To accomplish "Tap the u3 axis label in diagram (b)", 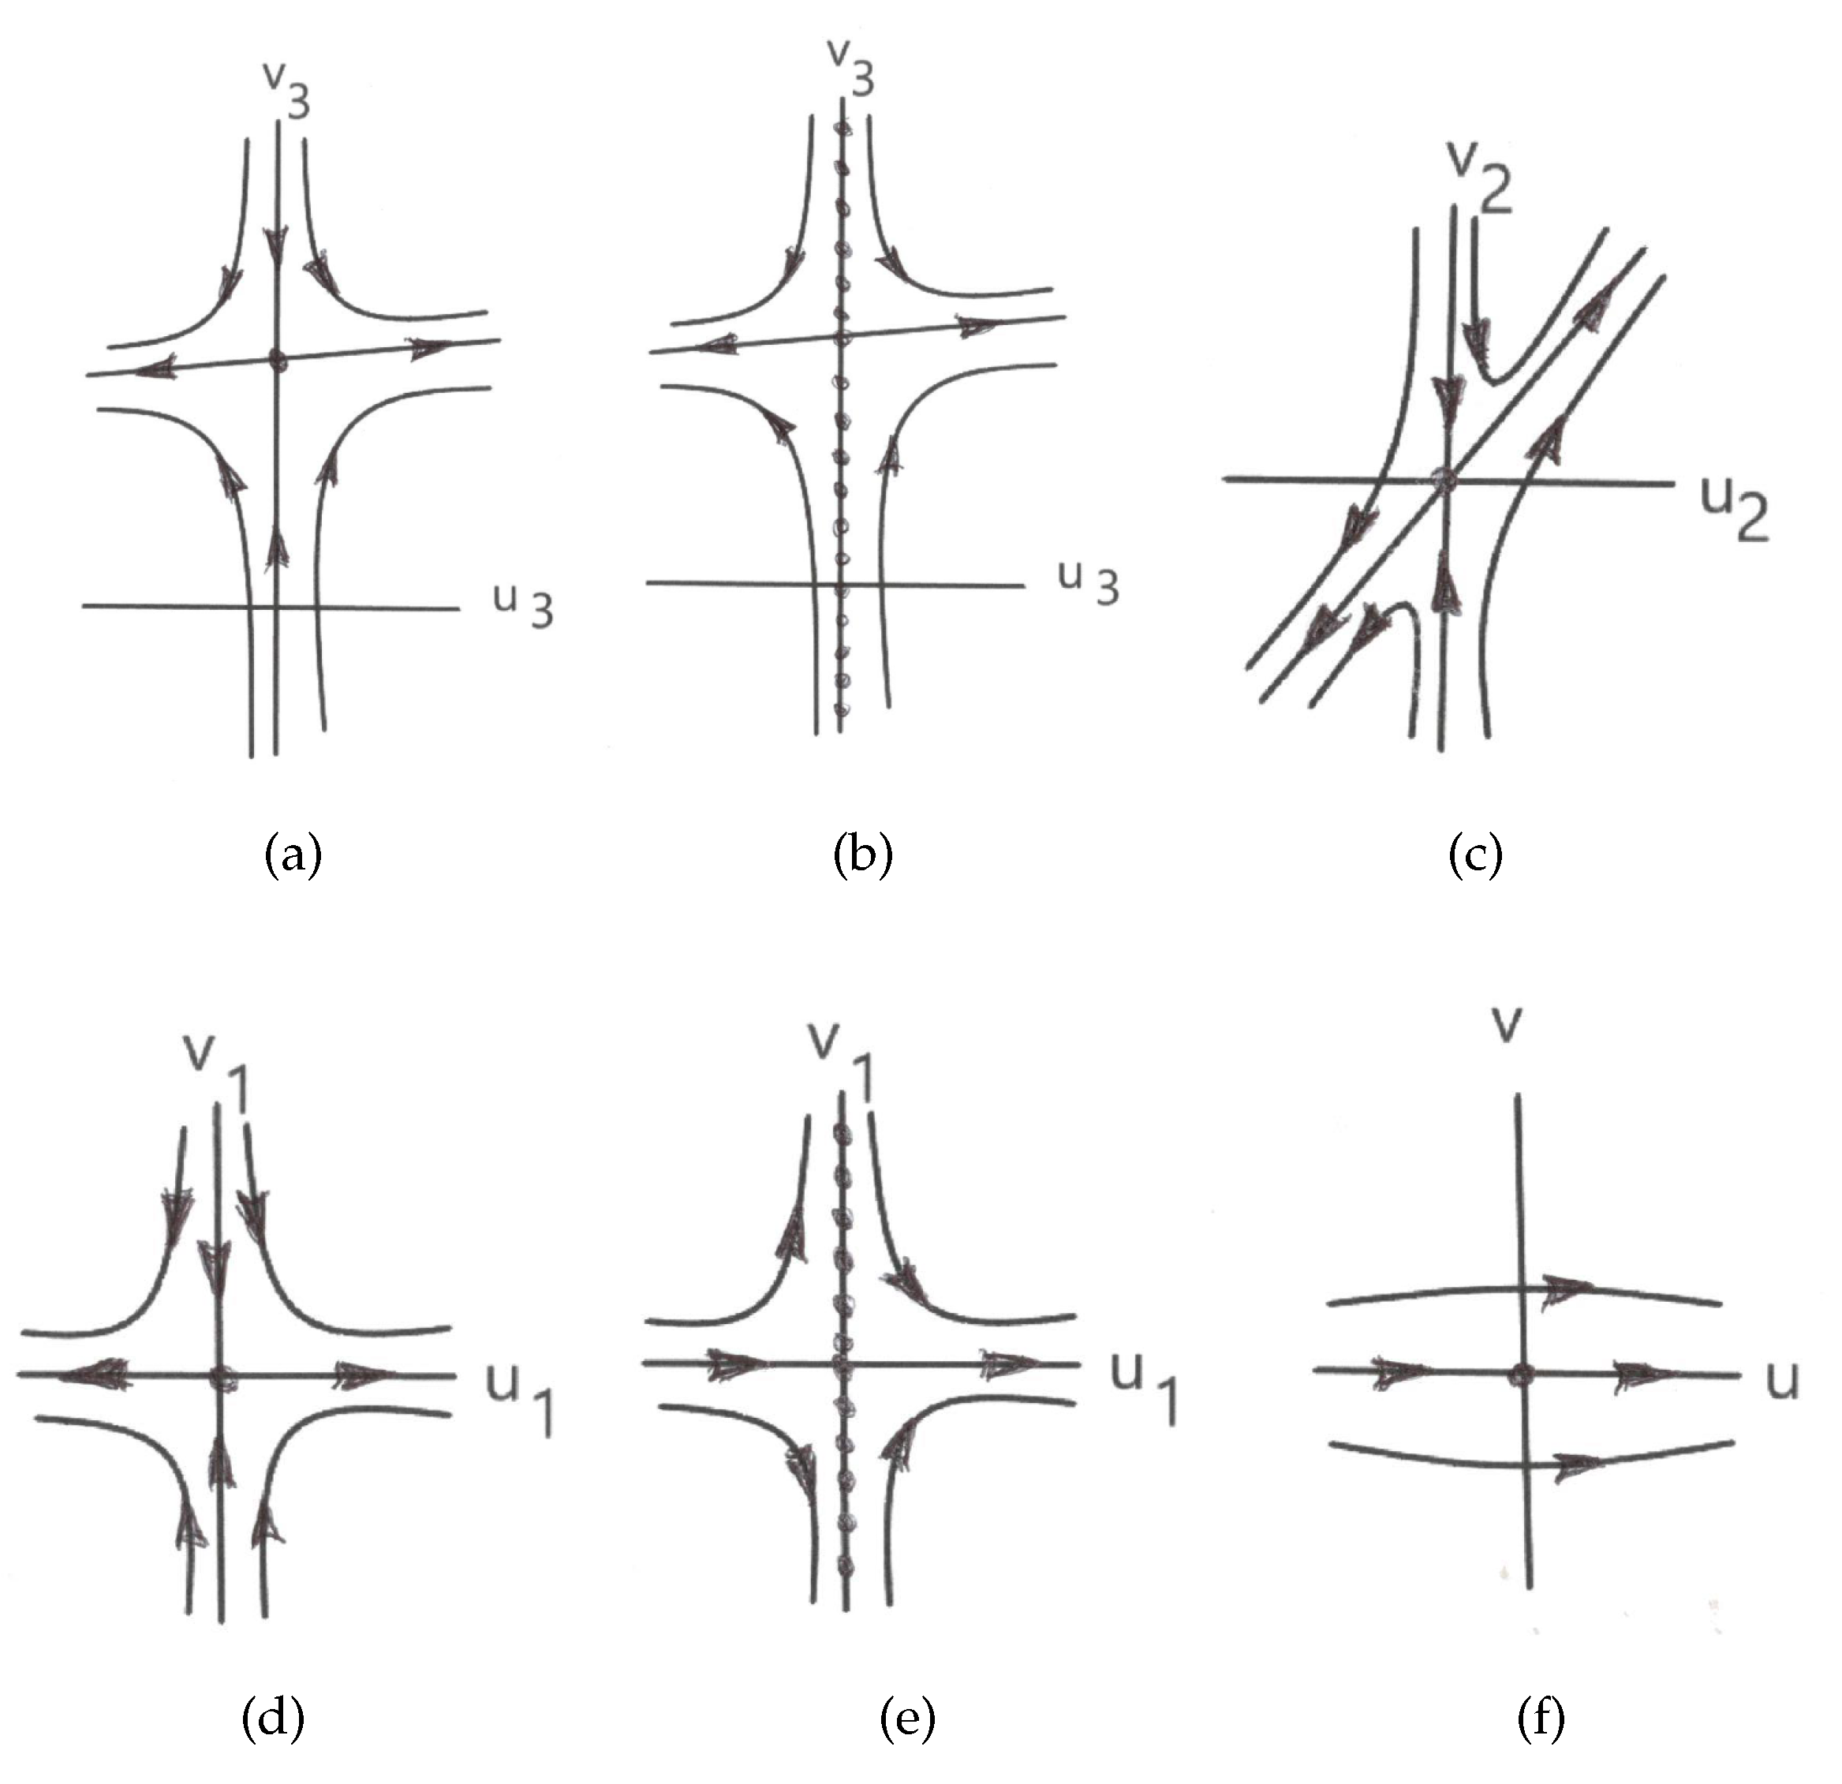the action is (x=1089, y=583).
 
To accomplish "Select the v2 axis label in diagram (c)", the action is (x=1479, y=178).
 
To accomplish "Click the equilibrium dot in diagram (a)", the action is (x=275, y=358).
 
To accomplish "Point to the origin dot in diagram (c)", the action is (x=1444, y=481).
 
